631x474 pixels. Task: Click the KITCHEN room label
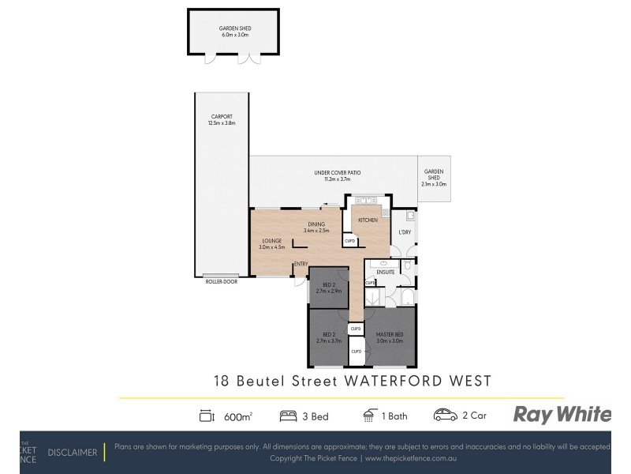pyautogui.click(x=368, y=220)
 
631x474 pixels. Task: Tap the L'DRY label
pyautogui.click(x=405, y=231)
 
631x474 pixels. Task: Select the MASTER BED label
pyautogui.click(x=389, y=335)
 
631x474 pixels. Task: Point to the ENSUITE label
pyautogui.click(x=385, y=272)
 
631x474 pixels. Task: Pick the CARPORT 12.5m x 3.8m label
pyautogui.click(x=222, y=120)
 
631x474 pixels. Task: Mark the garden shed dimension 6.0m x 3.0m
pyautogui.click(x=233, y=36)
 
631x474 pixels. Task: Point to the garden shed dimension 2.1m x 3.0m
pyautogui.click(x=434, y=184)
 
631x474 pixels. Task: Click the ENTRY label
pyautogui.click(x=301, y=264)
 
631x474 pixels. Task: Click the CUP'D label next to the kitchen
pyautogui.click(x=349, y=241)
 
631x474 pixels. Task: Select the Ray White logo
pyautogui.click(x=562, y=414)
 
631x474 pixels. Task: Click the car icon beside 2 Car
pyautogui.click(x=445, y=415)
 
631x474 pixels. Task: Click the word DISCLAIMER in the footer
pyautogui.click(x=73, y=453)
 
